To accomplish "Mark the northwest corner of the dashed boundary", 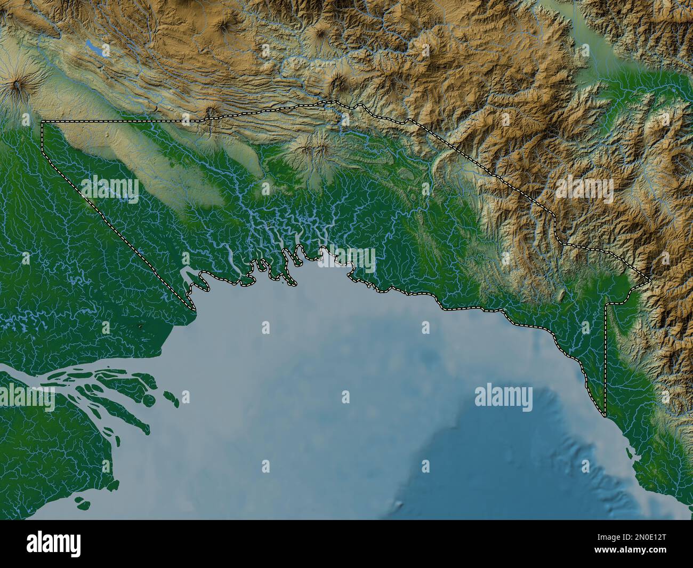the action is click(42, 122).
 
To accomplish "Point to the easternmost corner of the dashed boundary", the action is click(649, 280).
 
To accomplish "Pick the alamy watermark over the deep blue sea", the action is click(503, 397).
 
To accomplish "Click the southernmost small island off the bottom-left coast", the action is click(81, 501).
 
